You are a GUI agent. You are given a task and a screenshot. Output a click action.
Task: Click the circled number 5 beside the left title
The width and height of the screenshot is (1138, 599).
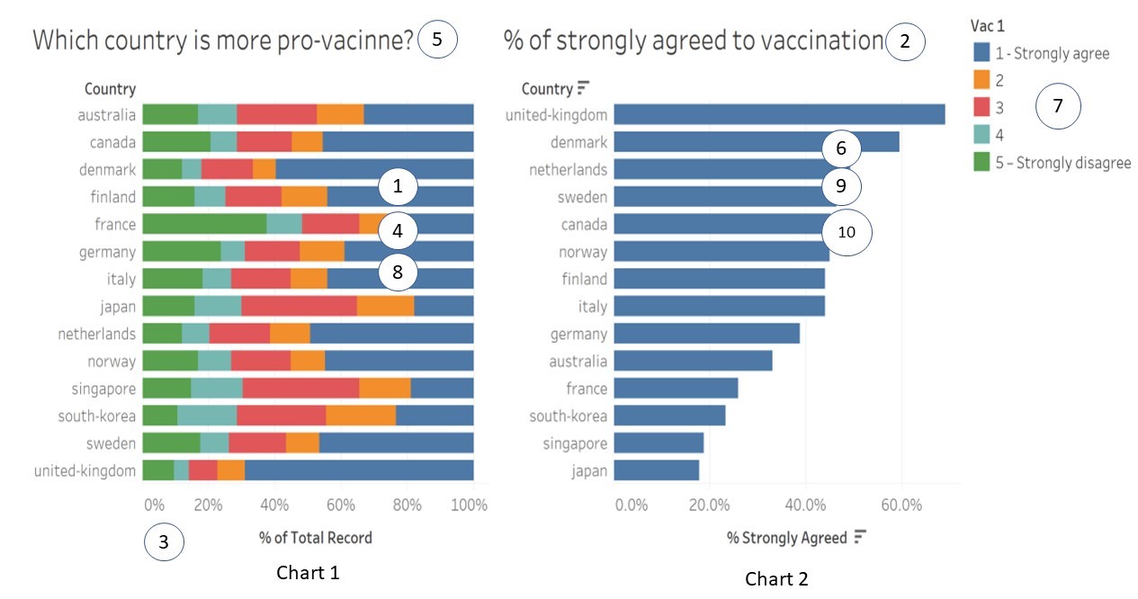click(438, 40)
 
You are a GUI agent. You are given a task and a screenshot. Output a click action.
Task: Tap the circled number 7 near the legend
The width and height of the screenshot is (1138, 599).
click(1058, 106)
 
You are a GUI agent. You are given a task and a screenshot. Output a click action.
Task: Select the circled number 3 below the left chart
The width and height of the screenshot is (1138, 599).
click(163, 542)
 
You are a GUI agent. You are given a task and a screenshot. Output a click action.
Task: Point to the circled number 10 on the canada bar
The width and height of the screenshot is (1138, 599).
click(847, 231)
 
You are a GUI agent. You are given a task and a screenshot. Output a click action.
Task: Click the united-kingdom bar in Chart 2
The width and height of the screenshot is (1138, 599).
click(779, 114)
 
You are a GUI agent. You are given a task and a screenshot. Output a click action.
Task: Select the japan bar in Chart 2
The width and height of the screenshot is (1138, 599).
click(657, 470)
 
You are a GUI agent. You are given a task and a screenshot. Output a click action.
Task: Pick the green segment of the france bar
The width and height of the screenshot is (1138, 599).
click(204, 224)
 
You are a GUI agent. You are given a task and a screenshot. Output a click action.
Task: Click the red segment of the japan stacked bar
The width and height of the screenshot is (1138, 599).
click(299, 307)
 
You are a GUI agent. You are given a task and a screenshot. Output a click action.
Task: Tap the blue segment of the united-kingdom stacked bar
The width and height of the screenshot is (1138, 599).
click(359, 470)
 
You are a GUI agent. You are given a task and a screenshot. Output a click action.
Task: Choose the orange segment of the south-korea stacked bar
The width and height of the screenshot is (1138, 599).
click(361, 416)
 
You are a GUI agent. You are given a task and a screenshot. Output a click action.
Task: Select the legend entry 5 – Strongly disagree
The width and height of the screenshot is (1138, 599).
click(1062, 163)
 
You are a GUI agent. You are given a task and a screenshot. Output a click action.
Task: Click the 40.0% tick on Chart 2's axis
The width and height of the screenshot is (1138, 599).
click(805, 505)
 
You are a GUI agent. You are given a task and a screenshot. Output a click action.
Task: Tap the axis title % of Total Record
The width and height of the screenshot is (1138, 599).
click(315, 538)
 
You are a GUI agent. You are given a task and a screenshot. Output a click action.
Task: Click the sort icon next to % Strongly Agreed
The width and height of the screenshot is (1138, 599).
click(860, 537)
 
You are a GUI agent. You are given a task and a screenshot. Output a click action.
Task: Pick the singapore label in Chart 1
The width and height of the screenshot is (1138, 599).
click(103, 389)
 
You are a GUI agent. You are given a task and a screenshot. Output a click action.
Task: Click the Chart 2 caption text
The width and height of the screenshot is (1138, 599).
click(776, 579)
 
